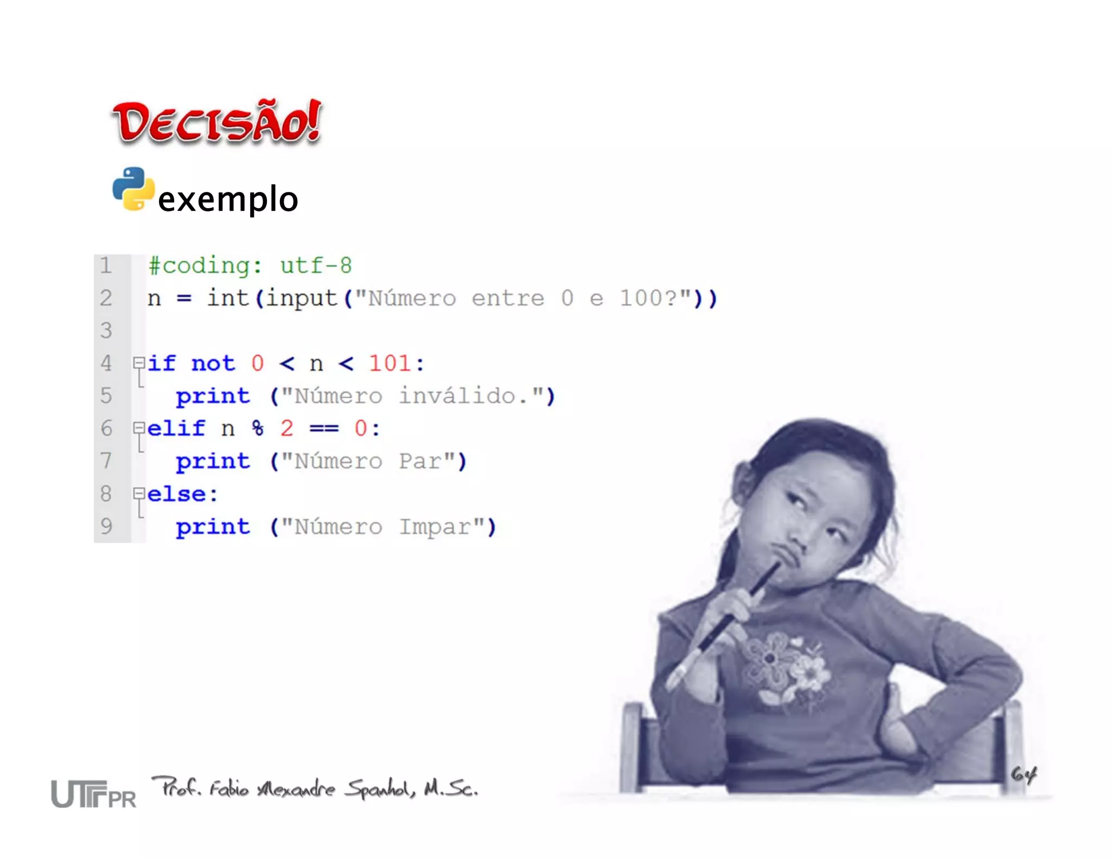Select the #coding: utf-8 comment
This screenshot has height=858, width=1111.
coord(250,266)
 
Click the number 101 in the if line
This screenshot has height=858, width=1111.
coord(390,363)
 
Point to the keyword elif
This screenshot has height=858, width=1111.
coord(176,428)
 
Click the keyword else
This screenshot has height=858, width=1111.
coord(176,494)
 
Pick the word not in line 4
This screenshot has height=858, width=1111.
coord(213,363)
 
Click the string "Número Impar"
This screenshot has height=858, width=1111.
coord(382,527)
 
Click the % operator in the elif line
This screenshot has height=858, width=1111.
coord(258,428)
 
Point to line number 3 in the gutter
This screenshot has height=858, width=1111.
coord(106,330)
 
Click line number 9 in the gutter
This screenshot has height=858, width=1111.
coord(106,526)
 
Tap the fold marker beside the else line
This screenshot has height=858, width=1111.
coord(139,494)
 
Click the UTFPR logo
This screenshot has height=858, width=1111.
coord(93,794)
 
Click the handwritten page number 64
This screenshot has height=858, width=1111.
coord(1023,774)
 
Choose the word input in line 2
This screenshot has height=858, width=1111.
coord(302,298)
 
